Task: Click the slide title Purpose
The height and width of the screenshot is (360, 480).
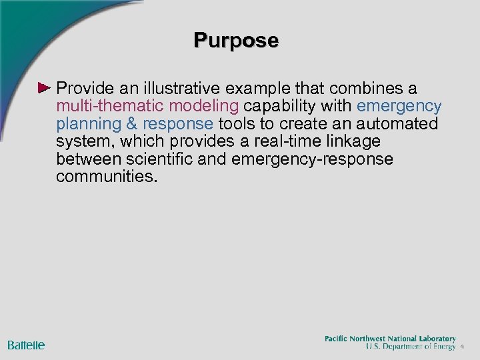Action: (236, 41)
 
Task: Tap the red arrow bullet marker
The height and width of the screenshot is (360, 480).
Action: (44, 88)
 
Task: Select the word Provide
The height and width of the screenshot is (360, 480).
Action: (85, 89)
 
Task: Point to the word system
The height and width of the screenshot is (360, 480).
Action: (85, 142)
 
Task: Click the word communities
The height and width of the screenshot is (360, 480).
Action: (107, 177)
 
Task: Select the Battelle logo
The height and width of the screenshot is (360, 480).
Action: (26, 345)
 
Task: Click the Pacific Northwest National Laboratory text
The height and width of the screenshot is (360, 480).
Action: (390, 339)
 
